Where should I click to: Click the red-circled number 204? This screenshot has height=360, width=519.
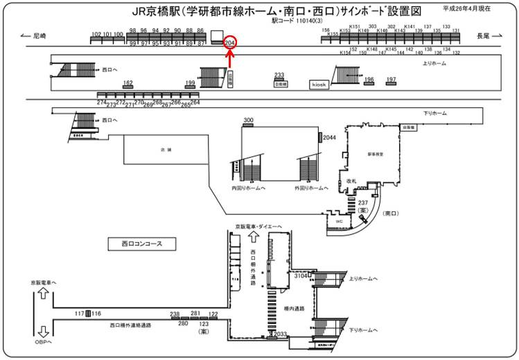231,42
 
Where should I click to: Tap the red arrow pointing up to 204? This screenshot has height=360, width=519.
231,60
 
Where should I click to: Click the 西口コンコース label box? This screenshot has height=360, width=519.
142,244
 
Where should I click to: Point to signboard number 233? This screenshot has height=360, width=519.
279,75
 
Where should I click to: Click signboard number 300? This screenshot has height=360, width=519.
249,120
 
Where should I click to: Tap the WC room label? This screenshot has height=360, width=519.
340,222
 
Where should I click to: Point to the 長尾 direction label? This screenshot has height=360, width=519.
484,35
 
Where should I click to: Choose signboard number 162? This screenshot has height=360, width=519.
127,82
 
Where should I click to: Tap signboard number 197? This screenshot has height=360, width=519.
392,80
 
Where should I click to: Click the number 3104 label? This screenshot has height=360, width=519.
301,276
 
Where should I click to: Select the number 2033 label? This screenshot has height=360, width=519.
279,334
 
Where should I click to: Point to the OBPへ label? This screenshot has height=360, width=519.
43,342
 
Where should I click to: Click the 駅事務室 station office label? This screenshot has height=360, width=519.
376,154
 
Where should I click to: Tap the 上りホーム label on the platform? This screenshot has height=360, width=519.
434,63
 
